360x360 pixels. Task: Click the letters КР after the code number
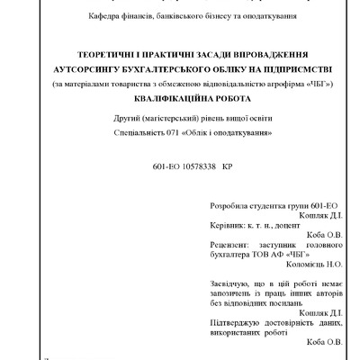tap(226, 168)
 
